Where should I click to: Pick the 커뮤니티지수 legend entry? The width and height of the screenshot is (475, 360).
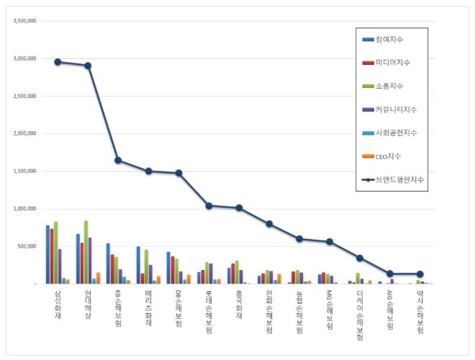(x=397, y=109)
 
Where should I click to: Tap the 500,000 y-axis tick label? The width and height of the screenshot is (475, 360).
(x=27, y=246)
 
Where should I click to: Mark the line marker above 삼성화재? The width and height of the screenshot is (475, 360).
(x=58, y=62)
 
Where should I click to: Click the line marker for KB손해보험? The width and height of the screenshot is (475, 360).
(x=118, y=160)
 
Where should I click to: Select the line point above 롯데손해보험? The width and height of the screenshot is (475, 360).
(x=209, y=205)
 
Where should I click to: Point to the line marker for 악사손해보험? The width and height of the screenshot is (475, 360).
(x=420, y=274)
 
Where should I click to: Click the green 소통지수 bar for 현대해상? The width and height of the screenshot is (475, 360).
(x=86, y=252)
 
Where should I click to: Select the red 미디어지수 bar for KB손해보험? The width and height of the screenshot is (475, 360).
(x=112, y=269)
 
